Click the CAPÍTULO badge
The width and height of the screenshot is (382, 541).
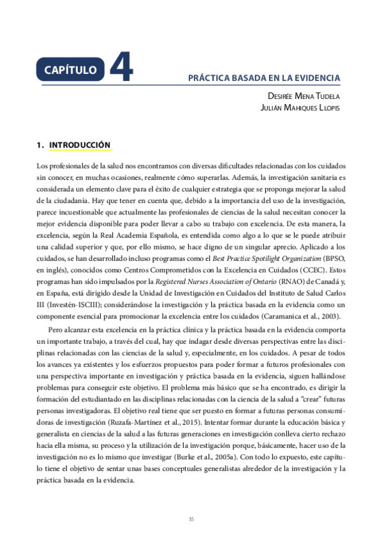point(70,68)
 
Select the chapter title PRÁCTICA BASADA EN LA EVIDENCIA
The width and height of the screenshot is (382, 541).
point(263,78)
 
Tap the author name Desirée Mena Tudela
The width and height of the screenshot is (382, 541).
point(304,96)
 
